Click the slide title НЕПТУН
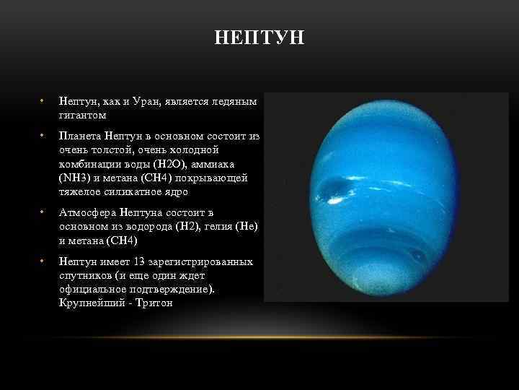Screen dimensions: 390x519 pyautogui.click(x=259, y=37)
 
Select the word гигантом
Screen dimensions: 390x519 pyautogui.click(x=82, y=115)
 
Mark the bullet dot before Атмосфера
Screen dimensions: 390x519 pyautogui.click(x=43, y=212)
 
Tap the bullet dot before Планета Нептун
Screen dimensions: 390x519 pyautogui.click(x=43, y=136)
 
